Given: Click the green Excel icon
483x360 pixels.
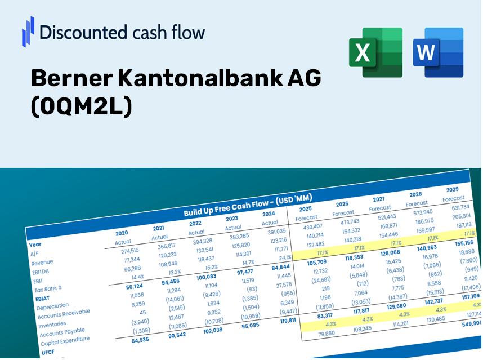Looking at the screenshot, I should point(375,52).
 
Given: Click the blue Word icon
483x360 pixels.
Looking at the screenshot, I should point(437,52).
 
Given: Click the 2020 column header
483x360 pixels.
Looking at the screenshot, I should point(122,233).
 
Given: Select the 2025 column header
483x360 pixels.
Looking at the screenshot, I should point(306,208).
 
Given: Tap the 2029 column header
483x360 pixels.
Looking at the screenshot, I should point(452,189).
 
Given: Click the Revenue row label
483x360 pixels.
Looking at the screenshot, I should point(42,263).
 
